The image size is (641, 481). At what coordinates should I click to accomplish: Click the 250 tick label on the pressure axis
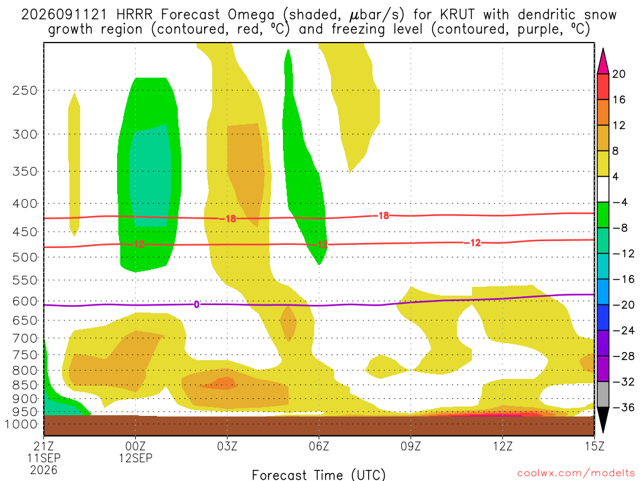[24, 90]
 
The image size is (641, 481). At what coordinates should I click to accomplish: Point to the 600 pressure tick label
[24, 301]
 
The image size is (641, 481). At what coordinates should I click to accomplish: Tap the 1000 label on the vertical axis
[22, 425]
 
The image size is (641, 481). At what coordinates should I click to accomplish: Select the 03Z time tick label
[227, 446]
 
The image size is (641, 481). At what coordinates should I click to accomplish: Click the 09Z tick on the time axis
[411, 446]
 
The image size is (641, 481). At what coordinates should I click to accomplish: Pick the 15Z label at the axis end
[594, 446]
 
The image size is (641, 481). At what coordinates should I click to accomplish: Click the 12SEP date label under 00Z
[136, 458]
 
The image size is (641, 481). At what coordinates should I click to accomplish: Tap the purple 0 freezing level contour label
[197, 304]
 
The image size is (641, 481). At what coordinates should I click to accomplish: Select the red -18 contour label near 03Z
[228, 219]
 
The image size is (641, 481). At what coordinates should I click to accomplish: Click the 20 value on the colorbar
[618, 74]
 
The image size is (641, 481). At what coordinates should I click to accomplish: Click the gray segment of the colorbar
[603, 395]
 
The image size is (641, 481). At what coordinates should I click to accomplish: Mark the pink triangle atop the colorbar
[603, 61]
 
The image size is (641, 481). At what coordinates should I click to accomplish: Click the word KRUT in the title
[458, 15]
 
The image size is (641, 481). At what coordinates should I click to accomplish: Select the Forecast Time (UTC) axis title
[319, 475]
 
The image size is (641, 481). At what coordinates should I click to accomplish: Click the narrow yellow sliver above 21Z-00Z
[74, 163]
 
